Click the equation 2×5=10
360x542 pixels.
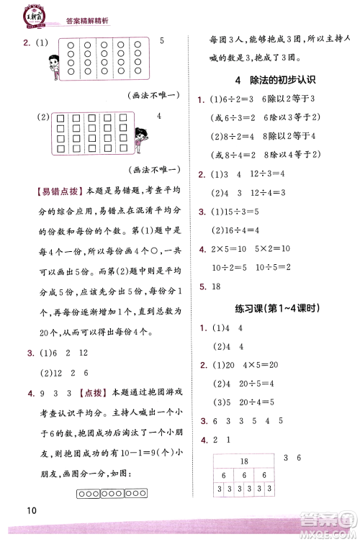coord(229,249)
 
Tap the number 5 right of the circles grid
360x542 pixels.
coord(162,40)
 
